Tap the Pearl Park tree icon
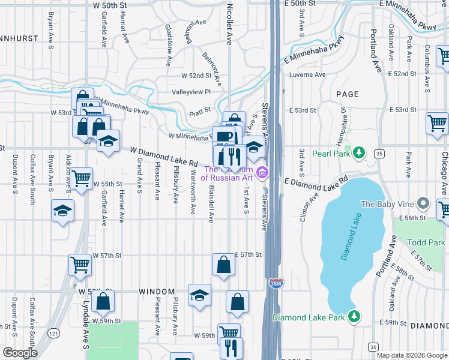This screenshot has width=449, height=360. tap(359, 152)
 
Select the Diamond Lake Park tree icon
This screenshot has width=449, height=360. tap(355, 316)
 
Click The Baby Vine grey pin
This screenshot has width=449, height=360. tap(424, 205)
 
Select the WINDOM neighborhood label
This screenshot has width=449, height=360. tap(157, 292)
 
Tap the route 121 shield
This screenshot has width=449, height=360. tap(55, 333)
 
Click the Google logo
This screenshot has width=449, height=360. tap(20, 353)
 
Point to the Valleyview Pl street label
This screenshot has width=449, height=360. tap(191, 92)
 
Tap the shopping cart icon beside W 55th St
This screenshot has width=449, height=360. tap(81, 178)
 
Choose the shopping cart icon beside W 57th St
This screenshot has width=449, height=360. tap(80, 263)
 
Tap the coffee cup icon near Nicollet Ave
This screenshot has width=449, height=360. tap(224, 136)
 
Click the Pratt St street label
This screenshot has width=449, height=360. tap(200, 110)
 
